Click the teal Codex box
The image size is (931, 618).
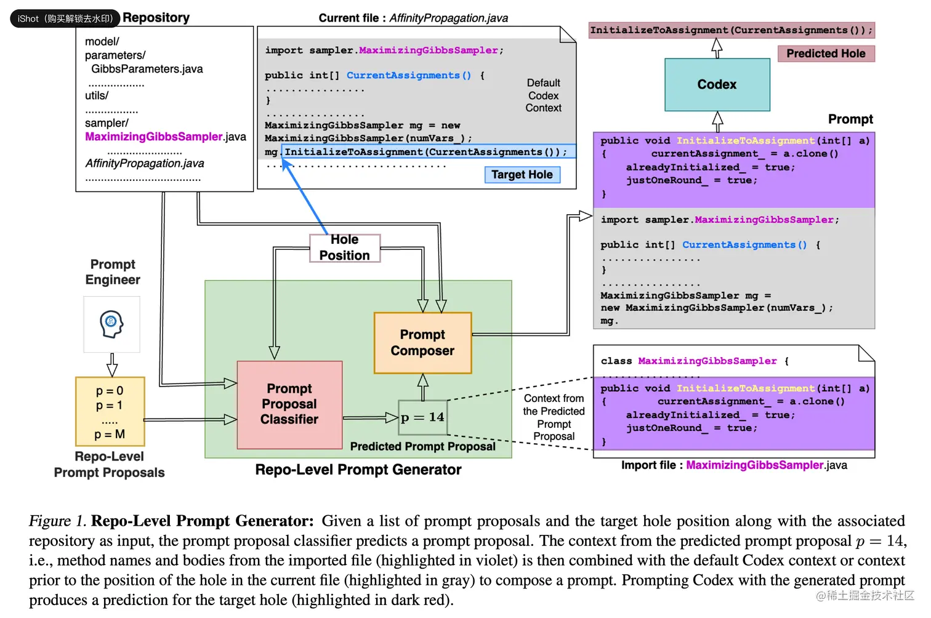point(717,84)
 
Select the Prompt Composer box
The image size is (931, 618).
point(422,343)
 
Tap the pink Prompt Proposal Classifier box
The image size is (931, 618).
point(289,404)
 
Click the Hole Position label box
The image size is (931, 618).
point(344,247)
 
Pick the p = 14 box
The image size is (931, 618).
point(422,417)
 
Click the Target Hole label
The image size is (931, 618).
point(522,175)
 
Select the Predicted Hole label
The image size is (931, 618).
point(825,54)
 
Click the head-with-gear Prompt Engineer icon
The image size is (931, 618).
point(111,324)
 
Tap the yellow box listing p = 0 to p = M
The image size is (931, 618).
point(110,411)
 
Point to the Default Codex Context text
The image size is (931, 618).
point(543,95)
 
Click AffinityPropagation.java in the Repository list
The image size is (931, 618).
point(145,163)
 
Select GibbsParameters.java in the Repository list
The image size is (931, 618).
point(147,69)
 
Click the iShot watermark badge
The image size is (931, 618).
point(64,18)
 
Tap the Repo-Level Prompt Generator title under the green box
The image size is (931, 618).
point(358,470)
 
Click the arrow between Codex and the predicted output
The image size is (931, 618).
point(717,48)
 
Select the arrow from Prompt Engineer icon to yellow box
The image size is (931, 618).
point(112,364)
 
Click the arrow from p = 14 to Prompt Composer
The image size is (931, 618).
point(422,387)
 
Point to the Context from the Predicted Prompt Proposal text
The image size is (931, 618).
point(554,417)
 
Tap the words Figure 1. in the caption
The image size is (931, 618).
point(57,521)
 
